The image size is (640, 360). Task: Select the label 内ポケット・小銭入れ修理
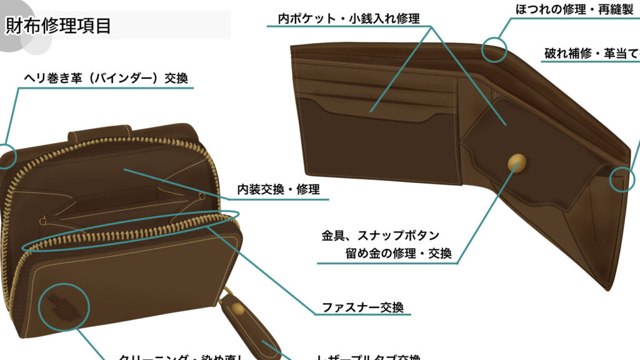[349, 18]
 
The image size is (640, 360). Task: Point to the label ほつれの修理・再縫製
[574, 9]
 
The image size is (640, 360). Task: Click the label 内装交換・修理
[278, 189]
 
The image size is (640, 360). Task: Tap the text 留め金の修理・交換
[398, 254]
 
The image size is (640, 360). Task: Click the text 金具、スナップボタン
[381, 236]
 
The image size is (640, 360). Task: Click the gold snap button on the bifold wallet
[517, 162]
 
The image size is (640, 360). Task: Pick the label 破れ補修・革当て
[591, 54]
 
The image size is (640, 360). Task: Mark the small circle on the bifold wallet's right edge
[620, 179]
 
